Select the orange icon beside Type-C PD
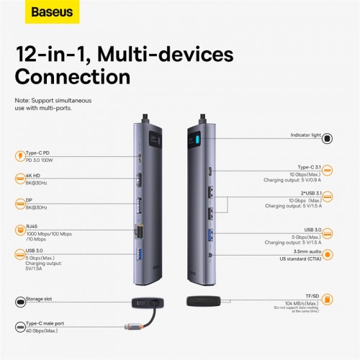[x=19, y=155]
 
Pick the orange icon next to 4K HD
[x=19, y=178]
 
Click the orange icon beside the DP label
[x=19, y=204]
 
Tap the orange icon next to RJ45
[x=19, y=230]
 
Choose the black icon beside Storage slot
[x=19, y=299]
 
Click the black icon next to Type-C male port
[x=19, y=328]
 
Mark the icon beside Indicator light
[x=328, y=136]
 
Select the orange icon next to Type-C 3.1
[x=328, y=170]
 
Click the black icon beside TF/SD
[x=328, y=298]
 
